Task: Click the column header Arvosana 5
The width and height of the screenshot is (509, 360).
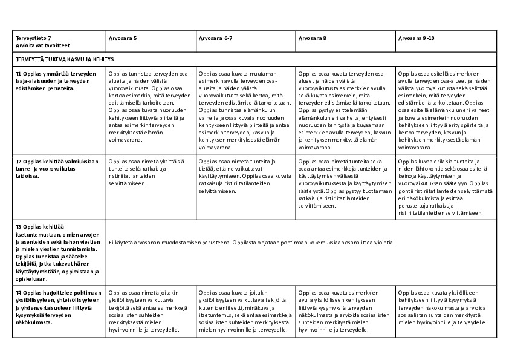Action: [123, 38]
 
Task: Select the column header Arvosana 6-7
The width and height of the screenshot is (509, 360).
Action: [216, 38]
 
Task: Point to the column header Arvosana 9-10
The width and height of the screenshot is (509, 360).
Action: [415, 38]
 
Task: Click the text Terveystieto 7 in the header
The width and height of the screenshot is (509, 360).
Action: [34, 38]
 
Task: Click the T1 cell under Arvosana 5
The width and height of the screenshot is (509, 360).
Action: [149, 106]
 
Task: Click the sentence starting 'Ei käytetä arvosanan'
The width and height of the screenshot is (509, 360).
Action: [251, 243]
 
